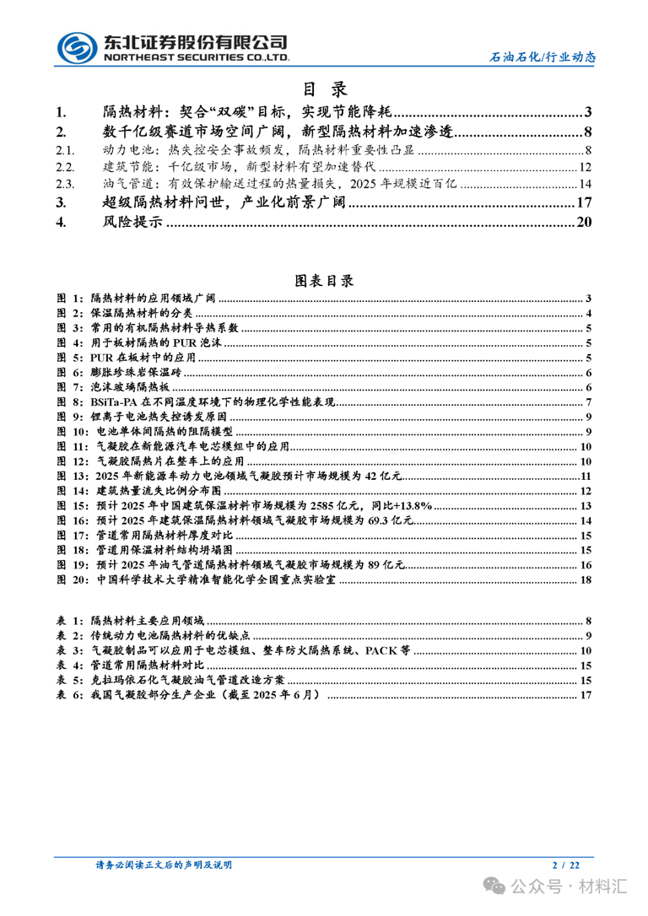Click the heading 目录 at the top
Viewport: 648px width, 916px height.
[324, 89]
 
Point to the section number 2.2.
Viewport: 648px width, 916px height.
[65, 167]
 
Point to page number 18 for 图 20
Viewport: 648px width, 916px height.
[586, 581]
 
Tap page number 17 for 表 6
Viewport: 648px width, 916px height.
[586, 695]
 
